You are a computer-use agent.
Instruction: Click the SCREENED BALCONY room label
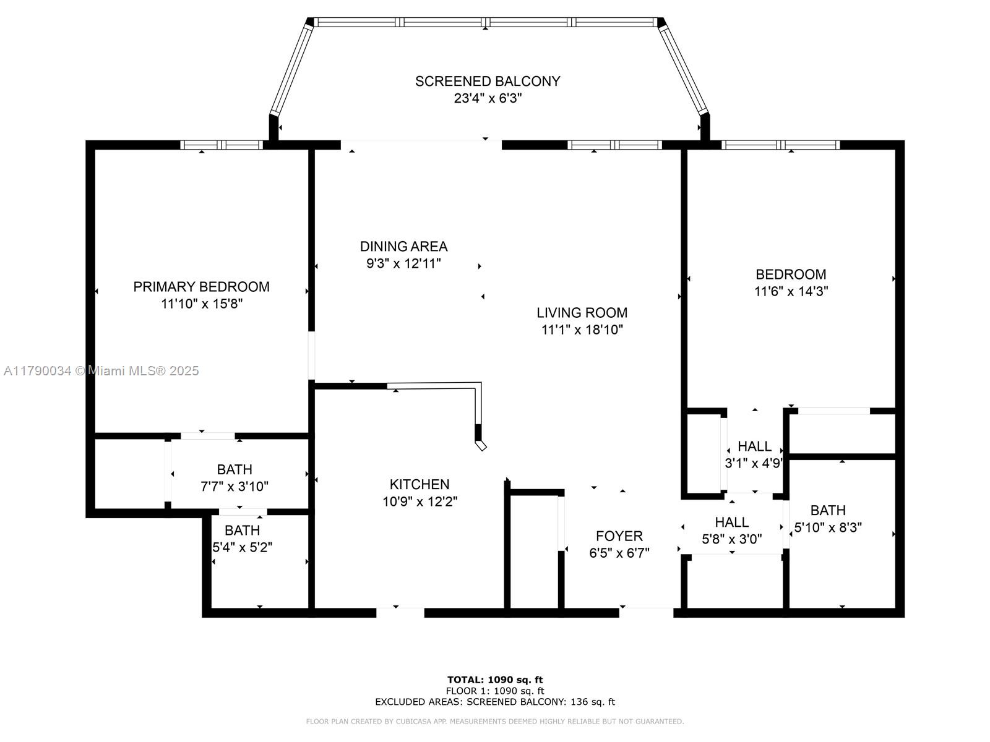tap(487, 81)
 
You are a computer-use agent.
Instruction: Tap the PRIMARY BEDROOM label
tap(201, 286)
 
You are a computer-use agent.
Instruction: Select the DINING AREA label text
tap(403, 247)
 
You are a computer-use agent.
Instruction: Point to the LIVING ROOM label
tap(582, 313)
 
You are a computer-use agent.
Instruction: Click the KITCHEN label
tap(420, 484)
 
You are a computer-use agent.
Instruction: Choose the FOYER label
tap(619, 536)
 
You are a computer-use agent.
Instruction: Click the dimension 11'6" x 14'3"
tap(791, 291)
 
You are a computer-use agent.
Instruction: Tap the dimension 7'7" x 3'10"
tap(235, 487)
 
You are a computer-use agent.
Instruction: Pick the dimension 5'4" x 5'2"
tap(242, 547)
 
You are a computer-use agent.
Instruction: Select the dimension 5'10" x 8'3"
tap(828, 527)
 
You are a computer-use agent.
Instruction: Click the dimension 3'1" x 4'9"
tap(754, 463)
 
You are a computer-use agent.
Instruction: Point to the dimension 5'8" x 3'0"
tap(731, 539)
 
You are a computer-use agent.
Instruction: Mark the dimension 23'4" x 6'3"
tap(488, 98)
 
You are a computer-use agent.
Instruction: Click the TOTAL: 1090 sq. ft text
tap(495, 680)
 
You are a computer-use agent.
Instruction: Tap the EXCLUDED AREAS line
tap(495, 701)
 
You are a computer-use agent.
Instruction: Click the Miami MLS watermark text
tap(101, 371)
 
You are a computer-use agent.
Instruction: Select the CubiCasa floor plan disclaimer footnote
tap(495, 721)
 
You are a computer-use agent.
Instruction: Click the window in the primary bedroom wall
tap(222, 145)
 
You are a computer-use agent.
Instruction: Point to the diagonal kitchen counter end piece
tap(481, 446)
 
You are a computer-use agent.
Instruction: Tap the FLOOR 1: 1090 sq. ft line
tap(495, 691)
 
